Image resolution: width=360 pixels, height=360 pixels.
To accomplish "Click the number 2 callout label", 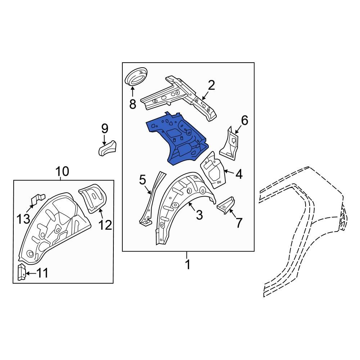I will pos(211,85).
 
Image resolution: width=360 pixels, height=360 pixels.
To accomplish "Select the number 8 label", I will pos(132,104).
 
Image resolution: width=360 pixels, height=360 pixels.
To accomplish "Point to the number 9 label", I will pos(104,128).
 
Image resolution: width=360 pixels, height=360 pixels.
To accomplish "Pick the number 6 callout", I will pos(244,121).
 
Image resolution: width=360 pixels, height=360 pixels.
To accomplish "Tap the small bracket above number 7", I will pos(225,204).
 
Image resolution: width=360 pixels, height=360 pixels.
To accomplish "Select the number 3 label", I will pos(199,215).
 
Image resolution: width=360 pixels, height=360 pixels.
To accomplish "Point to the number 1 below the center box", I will pos(187,265).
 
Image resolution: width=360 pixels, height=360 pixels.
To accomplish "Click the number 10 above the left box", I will pos(62,172).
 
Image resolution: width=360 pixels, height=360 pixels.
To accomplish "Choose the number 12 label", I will pos(105,225).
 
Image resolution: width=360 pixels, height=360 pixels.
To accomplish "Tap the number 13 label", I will pos(23,218).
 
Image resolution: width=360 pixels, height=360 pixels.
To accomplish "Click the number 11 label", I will pos(42,274).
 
